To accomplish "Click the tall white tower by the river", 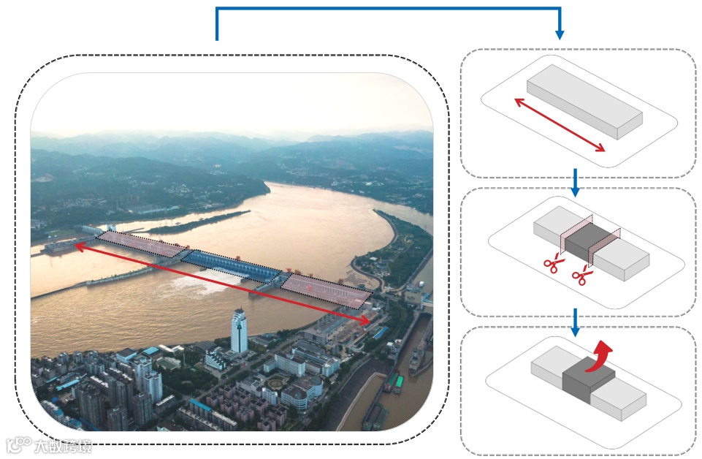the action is (239, 330).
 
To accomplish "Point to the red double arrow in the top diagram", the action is (560, 125).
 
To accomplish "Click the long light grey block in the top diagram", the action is (584, 101).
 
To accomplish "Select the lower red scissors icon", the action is (582, 276).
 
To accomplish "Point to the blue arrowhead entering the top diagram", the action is (560, 34).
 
